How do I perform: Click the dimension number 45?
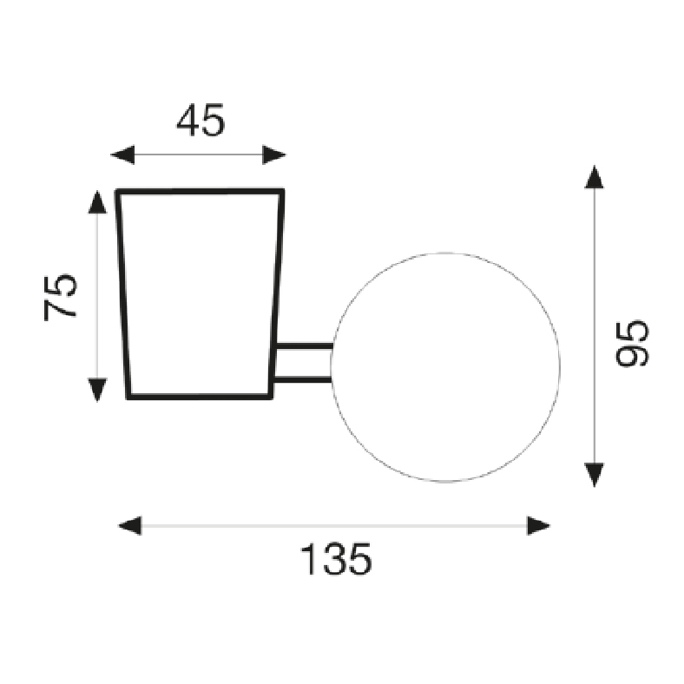(201, 120)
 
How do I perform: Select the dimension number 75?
(60, 297)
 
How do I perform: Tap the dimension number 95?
(632, 344)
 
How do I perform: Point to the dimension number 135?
(336, 559)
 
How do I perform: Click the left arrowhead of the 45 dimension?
(122, 155)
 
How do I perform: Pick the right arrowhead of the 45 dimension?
(274, 155)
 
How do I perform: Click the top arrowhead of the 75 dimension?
(97, 202)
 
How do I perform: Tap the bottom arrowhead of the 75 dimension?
(97, 390)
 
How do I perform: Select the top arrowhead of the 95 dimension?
(594, 177)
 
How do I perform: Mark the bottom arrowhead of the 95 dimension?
(594, 475)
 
